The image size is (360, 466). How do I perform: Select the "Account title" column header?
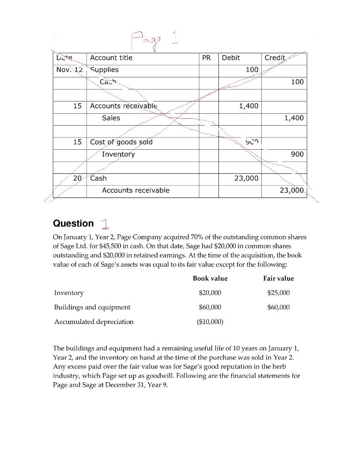coord(111,58)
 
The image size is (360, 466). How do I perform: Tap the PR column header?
coord(206,58)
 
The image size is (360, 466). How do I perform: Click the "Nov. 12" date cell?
coord(69,70)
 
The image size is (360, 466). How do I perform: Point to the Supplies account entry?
coord(104,70)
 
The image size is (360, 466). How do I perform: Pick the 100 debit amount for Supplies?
coord(252,70)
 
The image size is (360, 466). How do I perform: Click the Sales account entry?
coord(111,118)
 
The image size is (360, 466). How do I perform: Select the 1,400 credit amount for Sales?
coord(294,118)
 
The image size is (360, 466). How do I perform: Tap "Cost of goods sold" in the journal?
coord(122,142)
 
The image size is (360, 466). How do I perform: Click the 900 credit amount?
coord(297,154)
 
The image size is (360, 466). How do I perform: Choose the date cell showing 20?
coord(77,178)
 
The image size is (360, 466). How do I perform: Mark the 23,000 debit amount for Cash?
coord(246,178)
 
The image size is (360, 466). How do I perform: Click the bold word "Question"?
coord(73,223)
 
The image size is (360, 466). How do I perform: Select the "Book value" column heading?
coord(210,279)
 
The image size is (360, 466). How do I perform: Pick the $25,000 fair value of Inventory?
coord(279,293)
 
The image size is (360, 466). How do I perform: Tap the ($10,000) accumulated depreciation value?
coord(210,322)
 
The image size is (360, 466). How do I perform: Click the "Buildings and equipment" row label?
coord(92,307)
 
